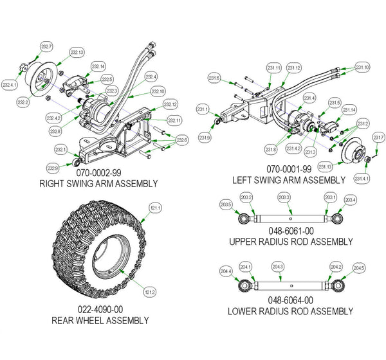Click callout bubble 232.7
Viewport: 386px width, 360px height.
pyautogui.click(x=46, y=47)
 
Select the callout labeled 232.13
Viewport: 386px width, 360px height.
pyautogui.click(x=77, y=52)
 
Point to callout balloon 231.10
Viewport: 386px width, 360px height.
pyautogui.click(x=362, y=67)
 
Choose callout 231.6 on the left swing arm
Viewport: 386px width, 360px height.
pyautogui.click(x=214, y=78)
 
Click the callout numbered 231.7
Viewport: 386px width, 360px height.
pyautogui.click(x=378, y=138)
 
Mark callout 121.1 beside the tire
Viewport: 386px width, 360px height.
pyautogui.click(x=154, y=208)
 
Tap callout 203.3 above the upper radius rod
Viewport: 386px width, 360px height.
pyautogui.click(x=284, y=197)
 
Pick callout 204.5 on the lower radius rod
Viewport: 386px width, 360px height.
pyautogui.click(x=358, y=268)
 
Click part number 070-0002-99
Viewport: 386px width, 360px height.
pyautogui.click(x=97, y=174)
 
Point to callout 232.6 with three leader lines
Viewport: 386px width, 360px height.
pyautogui.click(x=182, y=140)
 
